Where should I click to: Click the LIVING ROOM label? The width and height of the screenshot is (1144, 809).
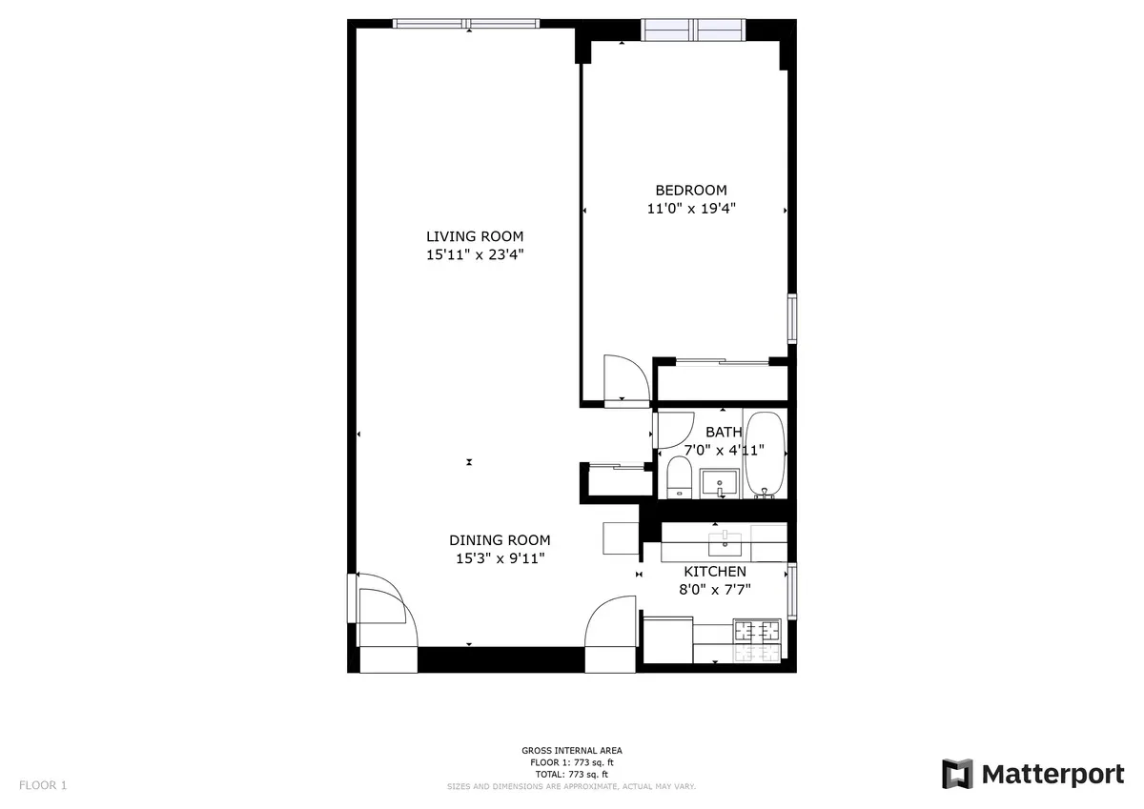474,236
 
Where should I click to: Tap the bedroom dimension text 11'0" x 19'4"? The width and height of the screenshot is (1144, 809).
690,208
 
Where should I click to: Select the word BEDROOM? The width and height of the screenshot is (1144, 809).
690,190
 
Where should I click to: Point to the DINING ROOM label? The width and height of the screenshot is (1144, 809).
501,540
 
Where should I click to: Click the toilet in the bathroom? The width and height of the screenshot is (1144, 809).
678,476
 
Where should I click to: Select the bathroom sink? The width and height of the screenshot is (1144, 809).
720,483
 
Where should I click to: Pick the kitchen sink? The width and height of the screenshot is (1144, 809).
725,543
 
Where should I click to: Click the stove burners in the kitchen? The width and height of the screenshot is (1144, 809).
756,630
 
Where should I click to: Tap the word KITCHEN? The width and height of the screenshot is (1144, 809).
715,572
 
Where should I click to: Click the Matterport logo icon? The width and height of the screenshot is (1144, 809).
957,774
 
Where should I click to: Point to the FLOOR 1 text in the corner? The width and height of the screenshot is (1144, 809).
43,785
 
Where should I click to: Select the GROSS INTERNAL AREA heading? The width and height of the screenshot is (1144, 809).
572,751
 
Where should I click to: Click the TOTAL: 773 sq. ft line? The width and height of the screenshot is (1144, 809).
572,774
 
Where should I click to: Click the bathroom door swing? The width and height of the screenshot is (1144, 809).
670,427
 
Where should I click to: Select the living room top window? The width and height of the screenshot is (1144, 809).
466,23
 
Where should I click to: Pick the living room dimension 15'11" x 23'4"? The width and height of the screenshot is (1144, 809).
474,254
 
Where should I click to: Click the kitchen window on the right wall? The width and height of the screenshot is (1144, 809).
791,592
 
